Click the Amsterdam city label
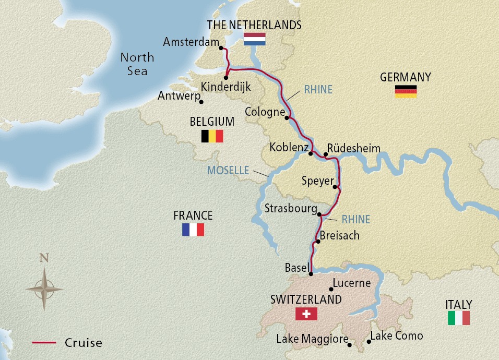click(190, 42)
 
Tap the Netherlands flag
click(255, 40)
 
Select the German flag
click(406, 91)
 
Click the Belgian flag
click(212, 136)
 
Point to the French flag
click(193, 230)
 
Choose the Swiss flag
click(306, 314)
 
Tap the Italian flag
click(459, 318)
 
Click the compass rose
click(44, 289)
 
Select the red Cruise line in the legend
click(44, 343)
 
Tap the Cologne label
click(265, 112)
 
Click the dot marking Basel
click(311, 274)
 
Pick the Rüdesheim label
click(354, 148)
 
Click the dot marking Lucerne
click(331, 289)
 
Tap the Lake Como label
click(396, 335)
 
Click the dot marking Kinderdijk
click(226, 78)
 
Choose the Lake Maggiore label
click(312, 339)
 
